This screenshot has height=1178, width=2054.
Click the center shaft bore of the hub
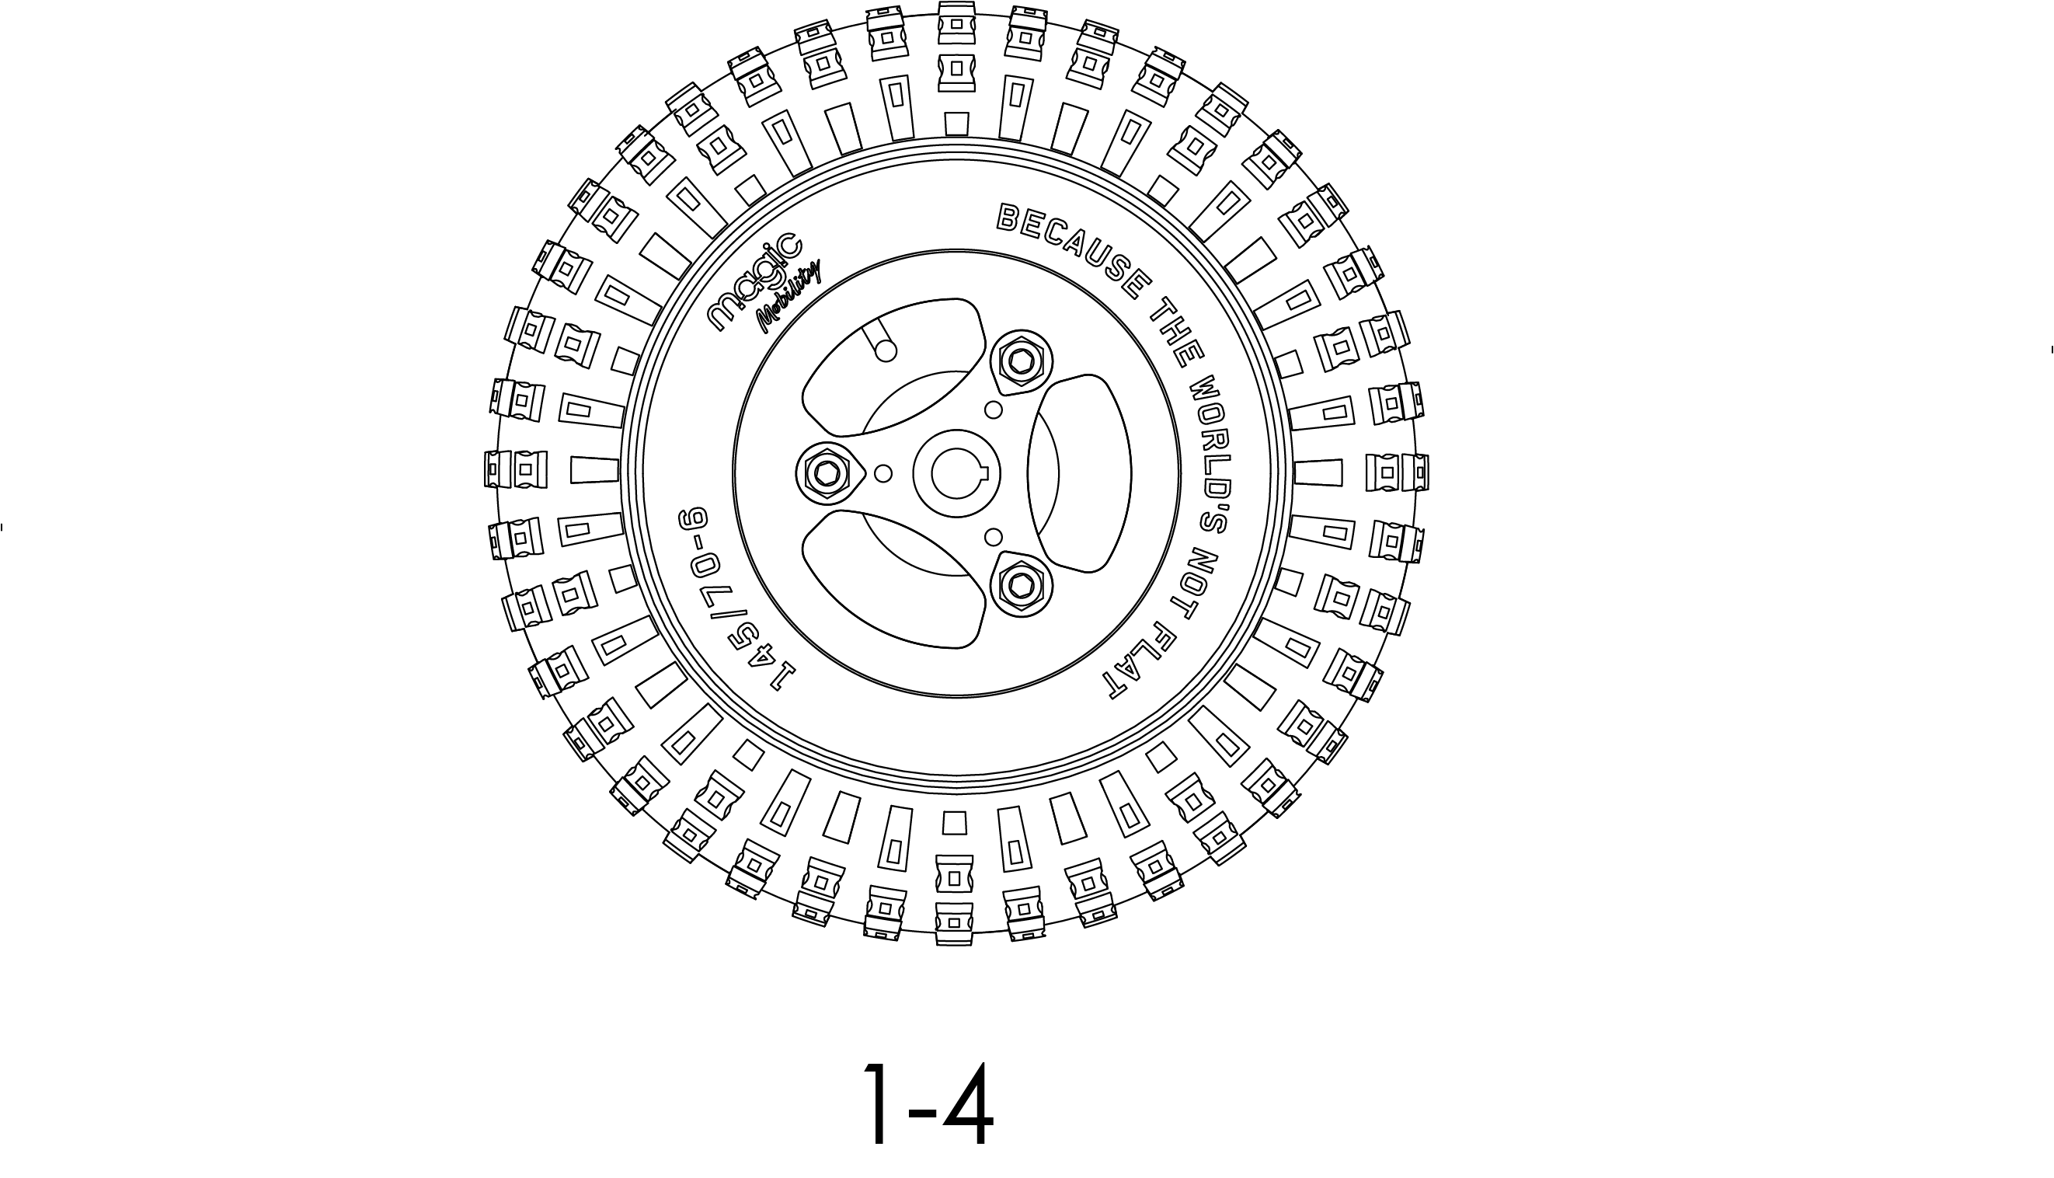pyautogui.click(x=956, y=473)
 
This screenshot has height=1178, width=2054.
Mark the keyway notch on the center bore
pyautogui.click(x=987, y=473)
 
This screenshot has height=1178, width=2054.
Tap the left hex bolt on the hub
pyautogui.click(x=827, y=473)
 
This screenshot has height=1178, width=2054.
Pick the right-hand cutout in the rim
pyautogui.click(x=1080, y=473)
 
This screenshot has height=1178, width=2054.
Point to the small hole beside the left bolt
pyautogui.click(x=883, y=472)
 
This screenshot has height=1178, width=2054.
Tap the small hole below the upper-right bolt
pyautogui.click(x=994, y=410)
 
